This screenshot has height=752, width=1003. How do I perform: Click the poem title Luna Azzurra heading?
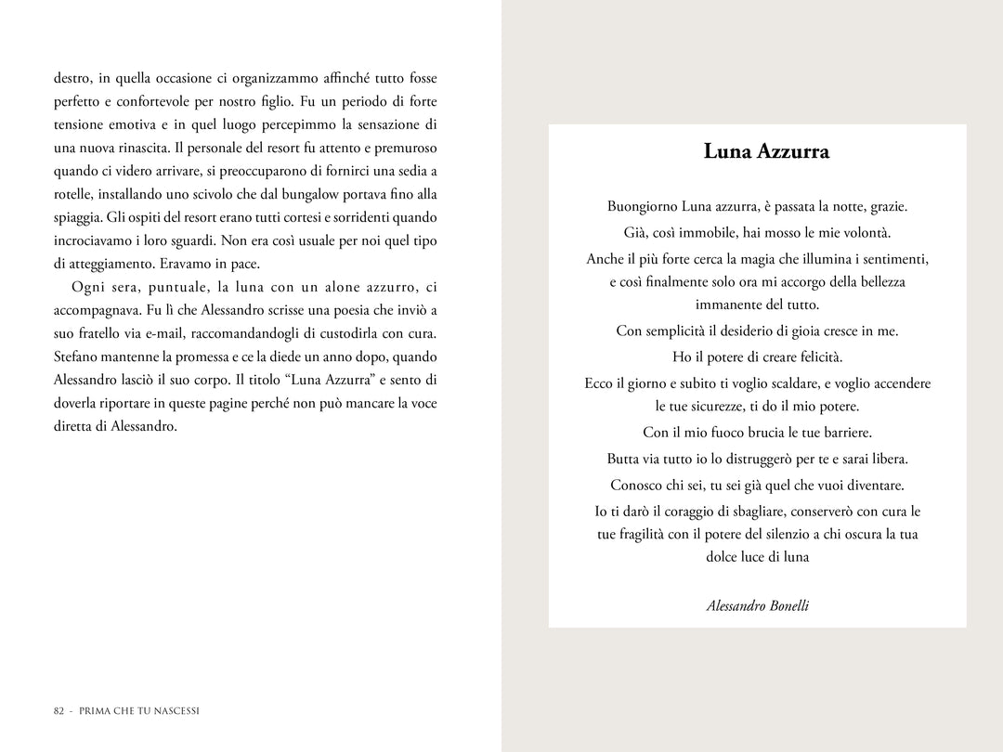tap(766, 151)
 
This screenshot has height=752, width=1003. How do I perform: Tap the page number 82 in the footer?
tap(59, 711)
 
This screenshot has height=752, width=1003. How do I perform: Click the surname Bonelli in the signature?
tap(789, 605)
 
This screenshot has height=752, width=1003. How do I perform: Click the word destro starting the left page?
tap(72, 78)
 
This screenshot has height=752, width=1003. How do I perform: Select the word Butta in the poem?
tap(624, 459)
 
